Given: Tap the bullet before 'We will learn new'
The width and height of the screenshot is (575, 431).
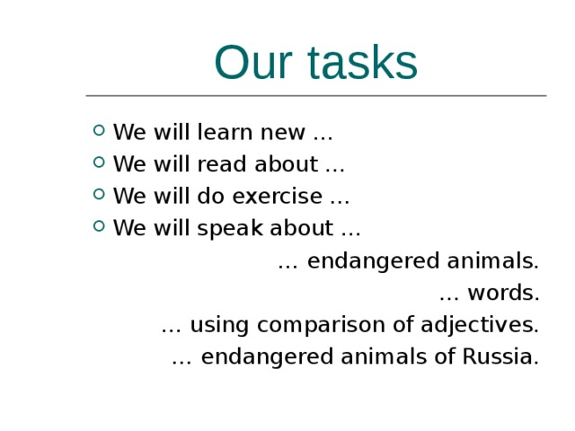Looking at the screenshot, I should pyautogui.click(x=98, y=133).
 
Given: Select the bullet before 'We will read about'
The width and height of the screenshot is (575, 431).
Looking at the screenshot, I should pyautogui.click(x=98, y=164).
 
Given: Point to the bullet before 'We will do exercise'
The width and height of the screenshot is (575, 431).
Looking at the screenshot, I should pyautogui.click(x=98, y=196).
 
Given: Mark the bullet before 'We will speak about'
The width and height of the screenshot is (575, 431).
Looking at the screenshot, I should pyautogui.click(x=98, y=227).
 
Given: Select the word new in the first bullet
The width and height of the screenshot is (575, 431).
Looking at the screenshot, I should pyautogui.click(x=283, y=134).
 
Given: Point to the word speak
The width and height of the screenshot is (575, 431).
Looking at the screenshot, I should pyautogui.click(x=231, y=228).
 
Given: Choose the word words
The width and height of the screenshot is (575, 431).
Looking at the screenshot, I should pyautogui.click(x=503, y=294).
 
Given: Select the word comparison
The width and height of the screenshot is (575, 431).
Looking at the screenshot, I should pyautogui.click(x=316, y=325).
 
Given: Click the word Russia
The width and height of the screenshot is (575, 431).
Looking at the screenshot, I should pyautogui.click(x=500, y=356).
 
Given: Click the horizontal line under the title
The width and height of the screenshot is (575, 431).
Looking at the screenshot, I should pyautogui.click(x=315, y=95).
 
